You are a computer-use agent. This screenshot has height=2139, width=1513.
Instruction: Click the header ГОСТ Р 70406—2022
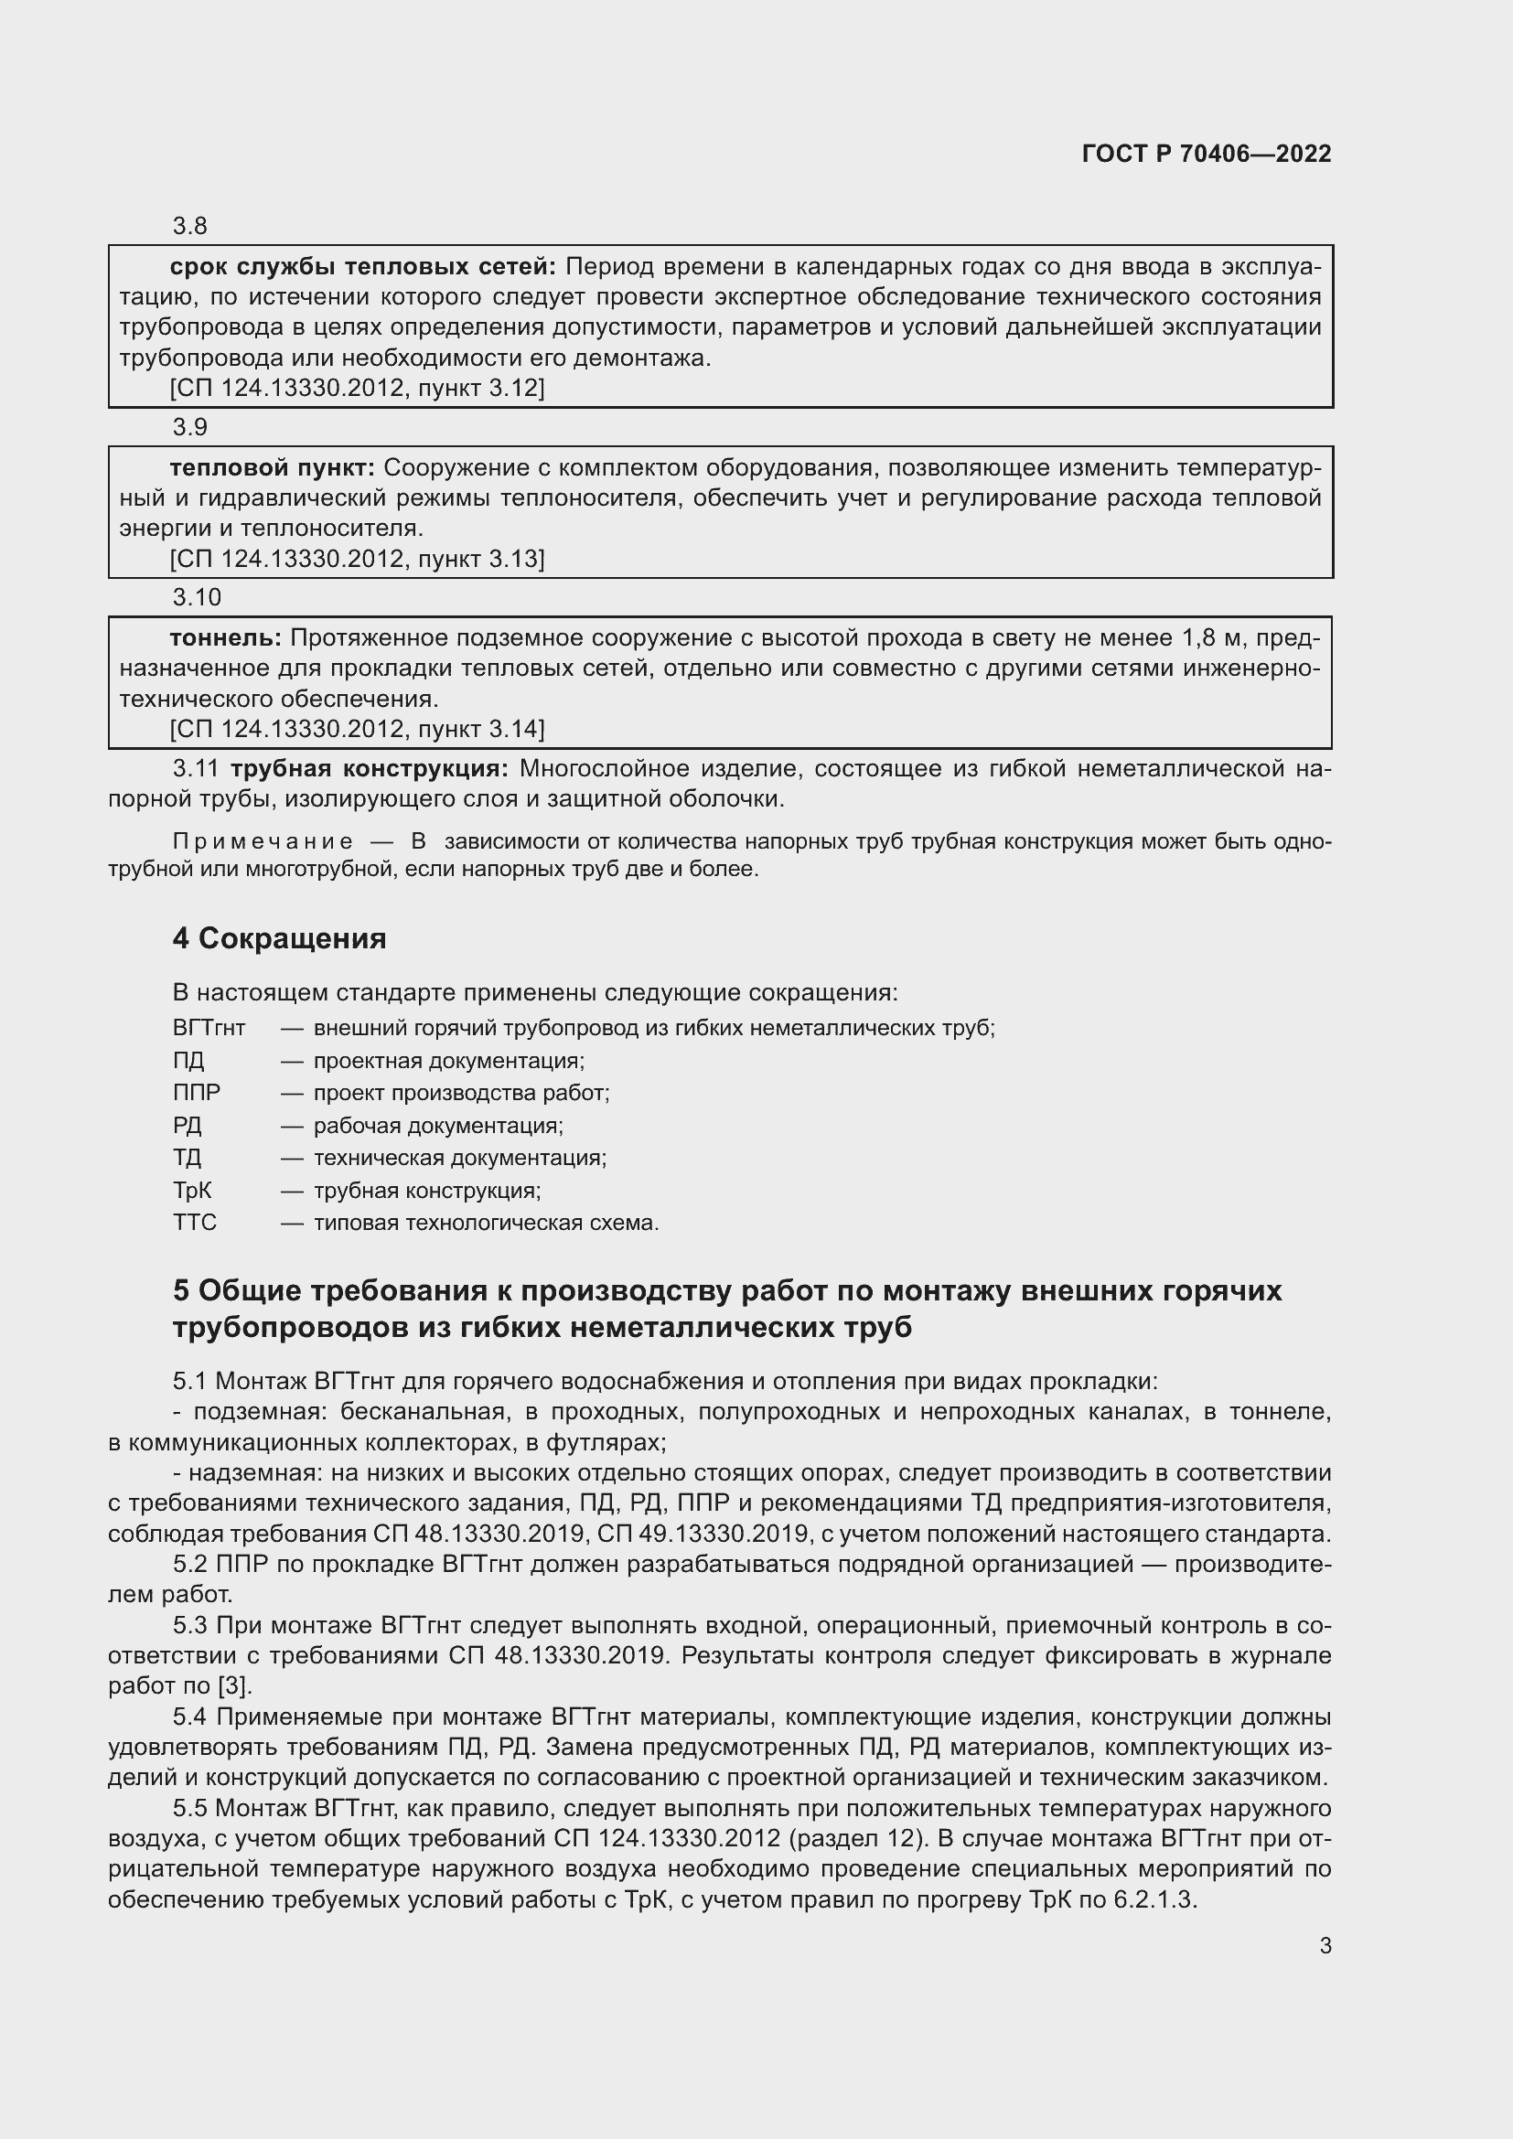click(1206, 154)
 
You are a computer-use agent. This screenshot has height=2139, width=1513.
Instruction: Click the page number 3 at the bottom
click(1325, 1945)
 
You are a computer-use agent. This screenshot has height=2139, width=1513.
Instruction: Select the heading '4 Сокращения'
click(279, 938)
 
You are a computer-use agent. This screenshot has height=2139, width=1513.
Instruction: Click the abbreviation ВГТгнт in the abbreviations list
click(209, 1029)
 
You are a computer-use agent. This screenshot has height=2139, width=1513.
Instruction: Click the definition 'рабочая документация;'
click(438, 1126)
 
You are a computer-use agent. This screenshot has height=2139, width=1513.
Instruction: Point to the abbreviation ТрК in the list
click(192, 1191)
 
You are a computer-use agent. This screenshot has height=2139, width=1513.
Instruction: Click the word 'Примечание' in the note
click(263, 841)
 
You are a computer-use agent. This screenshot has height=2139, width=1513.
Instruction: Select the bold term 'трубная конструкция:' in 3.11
click(369, 768)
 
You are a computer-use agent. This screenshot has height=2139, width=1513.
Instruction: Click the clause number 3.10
click(197, 596)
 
